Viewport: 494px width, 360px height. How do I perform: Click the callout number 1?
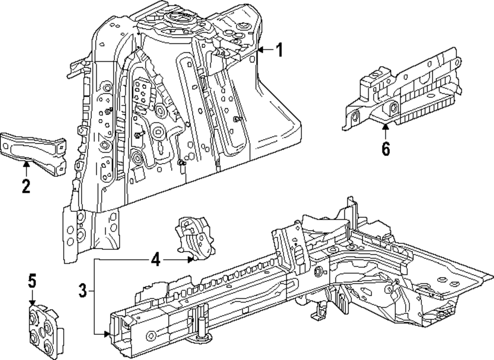(x=279, y=50)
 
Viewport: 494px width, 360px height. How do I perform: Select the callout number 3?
(x=82, y=290)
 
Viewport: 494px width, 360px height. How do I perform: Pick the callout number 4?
(x=156, y=260)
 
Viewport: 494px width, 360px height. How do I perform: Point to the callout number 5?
(x=32, y=280)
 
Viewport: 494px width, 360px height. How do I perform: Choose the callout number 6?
(x=386, y=148)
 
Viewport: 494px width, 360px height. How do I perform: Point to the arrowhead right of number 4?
(x=190, y=260)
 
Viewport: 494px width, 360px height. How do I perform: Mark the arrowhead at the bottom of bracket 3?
(x=107, y=334)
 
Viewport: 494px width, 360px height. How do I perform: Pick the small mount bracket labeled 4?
(x=195, y=235)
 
